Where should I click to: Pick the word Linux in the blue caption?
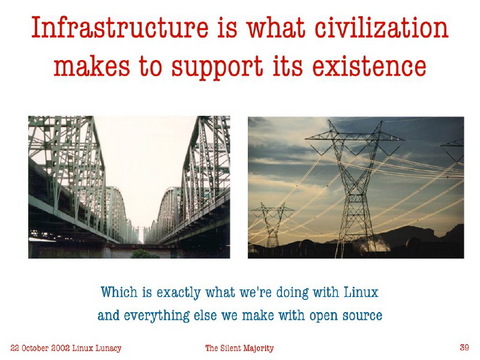point(360,293)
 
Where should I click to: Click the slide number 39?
point(464,347)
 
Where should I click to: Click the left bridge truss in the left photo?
point(60,175)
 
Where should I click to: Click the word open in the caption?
point(316,316)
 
